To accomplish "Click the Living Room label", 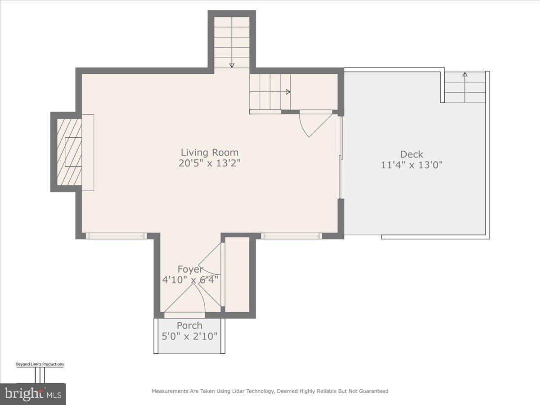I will coord(209,153).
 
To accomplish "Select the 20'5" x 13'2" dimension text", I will coord(209,163).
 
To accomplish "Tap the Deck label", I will coord(412,154).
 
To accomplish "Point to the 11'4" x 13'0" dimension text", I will coord(412,165).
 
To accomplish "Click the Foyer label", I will coord(190,269).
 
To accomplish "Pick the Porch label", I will coord(189,325).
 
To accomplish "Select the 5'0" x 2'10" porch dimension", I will coord(189,336).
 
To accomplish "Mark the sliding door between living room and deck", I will coord(341,157).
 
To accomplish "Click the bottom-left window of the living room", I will coord(117,235).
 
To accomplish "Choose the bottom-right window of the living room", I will coord(292,235).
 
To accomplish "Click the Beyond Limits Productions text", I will coord(40,364).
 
